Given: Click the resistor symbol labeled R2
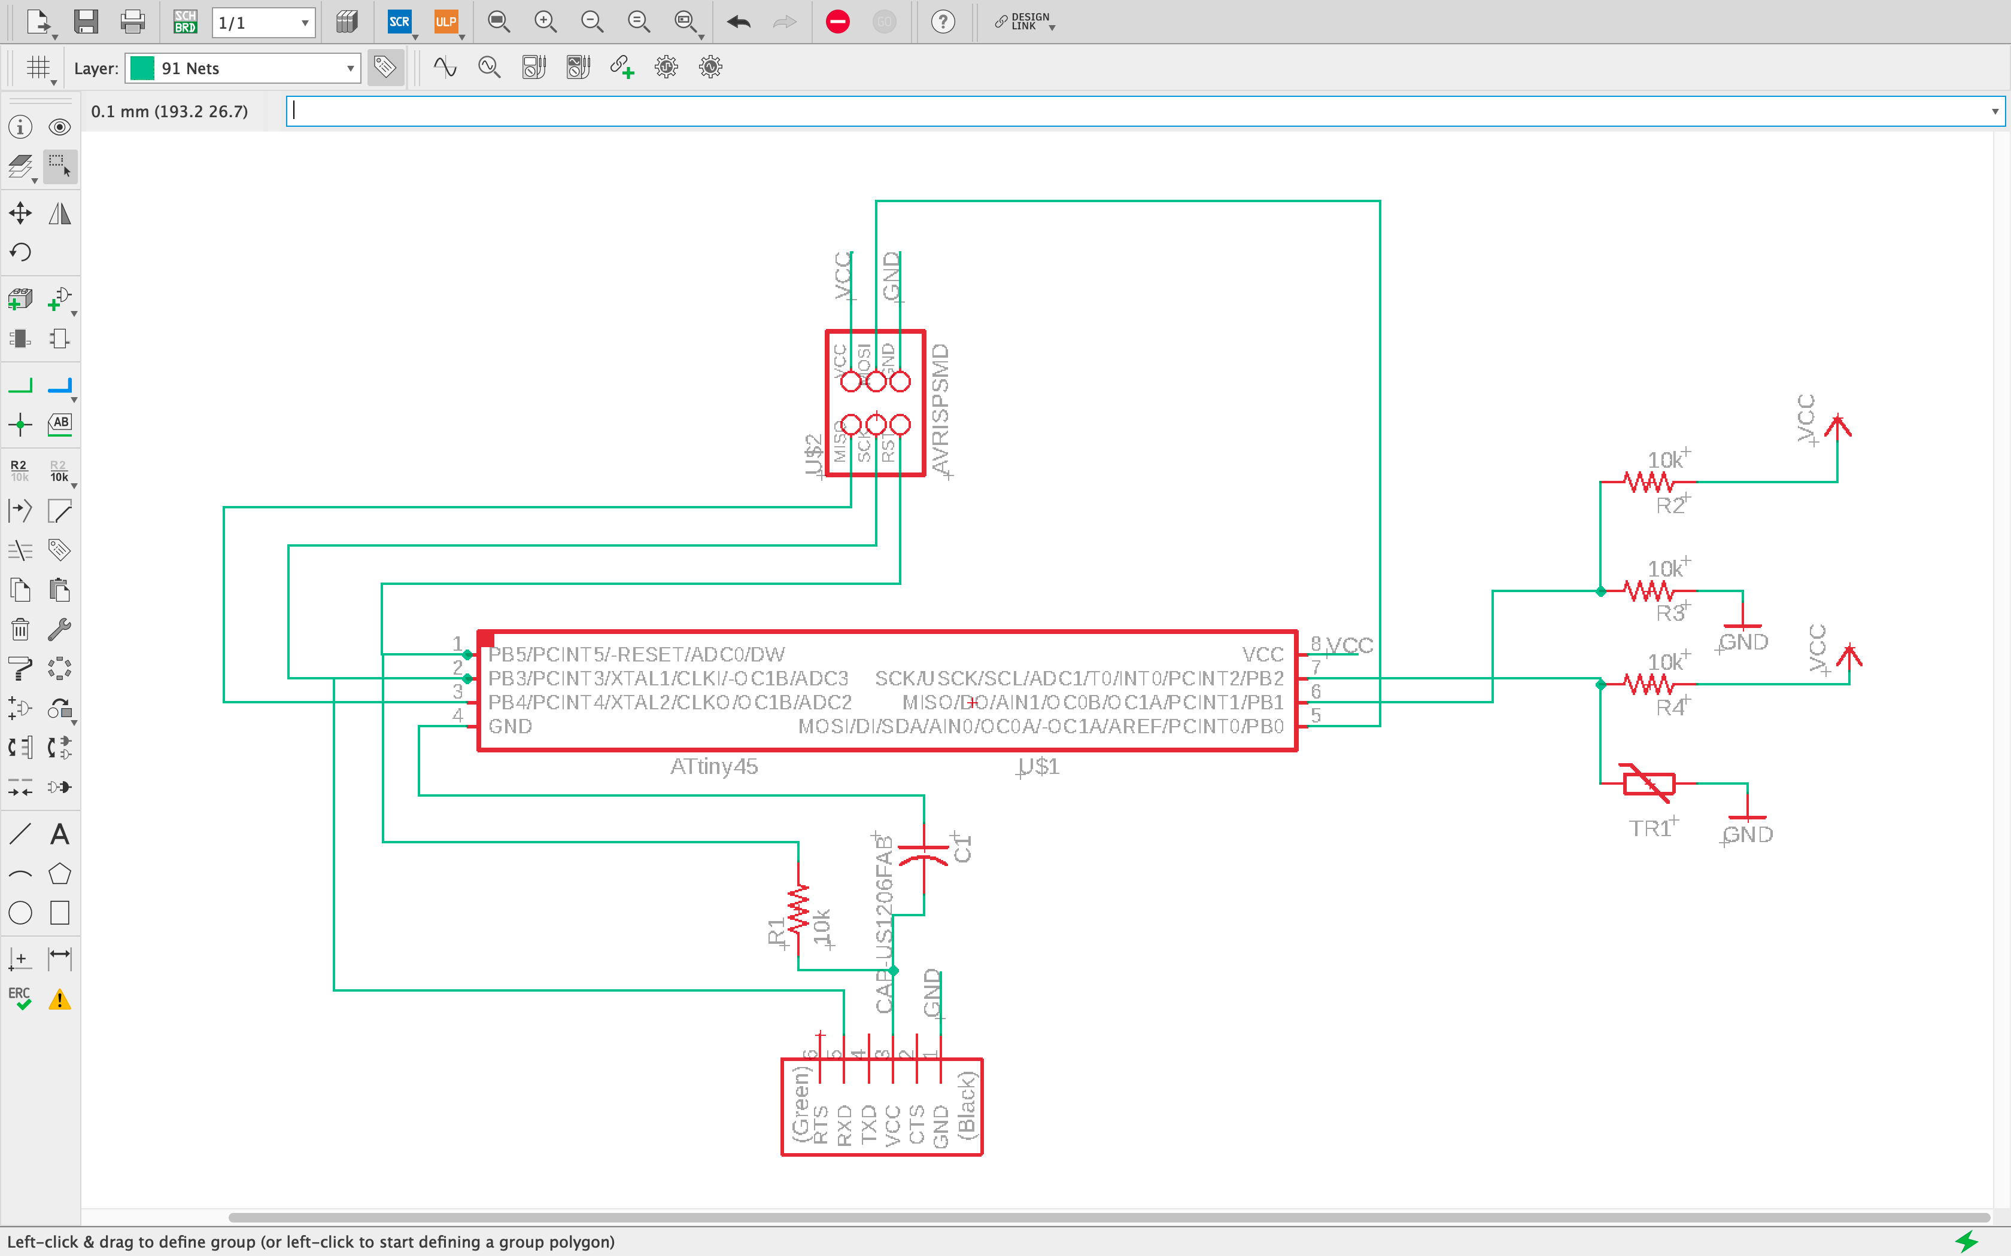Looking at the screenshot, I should pos(1648,482).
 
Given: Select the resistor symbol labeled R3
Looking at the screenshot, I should pos(1648,592).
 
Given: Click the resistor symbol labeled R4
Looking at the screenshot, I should pos(1648,684).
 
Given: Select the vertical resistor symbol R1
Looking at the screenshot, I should pos(798,910).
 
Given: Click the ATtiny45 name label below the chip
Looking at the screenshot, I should pos(714,766).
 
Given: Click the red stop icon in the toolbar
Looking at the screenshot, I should pos(838,22).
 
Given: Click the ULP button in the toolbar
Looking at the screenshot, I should pos(446,22).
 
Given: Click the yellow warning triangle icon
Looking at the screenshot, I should pos(59,999).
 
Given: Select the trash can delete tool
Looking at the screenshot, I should pos(20,630).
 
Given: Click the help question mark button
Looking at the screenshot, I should pos(942,22).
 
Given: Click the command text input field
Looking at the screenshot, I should pos(1138,111).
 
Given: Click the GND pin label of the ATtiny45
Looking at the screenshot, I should pos(509,726).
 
